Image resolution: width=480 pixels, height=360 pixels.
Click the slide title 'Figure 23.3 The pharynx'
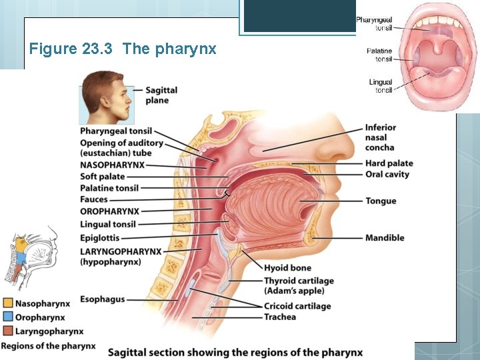123,49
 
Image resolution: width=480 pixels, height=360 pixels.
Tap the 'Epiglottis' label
100,237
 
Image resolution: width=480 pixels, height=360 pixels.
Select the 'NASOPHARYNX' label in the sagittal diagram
112,165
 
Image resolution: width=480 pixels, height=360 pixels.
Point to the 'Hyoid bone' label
288,269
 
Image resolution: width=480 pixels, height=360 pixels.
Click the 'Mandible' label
385,238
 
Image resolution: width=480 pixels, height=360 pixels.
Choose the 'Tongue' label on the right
381,201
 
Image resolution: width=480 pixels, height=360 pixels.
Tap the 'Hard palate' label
389,163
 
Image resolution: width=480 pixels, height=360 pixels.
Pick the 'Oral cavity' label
387,175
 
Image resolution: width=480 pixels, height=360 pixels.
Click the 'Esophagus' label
102,299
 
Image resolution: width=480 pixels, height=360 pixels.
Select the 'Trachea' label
280,317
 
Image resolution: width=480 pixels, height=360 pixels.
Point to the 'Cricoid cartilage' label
297,306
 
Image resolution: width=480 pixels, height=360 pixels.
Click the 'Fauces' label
94,199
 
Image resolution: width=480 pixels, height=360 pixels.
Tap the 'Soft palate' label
103,177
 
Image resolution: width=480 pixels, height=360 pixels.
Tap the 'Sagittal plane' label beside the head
161,95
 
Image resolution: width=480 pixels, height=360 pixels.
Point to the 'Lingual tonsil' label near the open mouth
381,86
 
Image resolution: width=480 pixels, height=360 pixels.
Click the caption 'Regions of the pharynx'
48,346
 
